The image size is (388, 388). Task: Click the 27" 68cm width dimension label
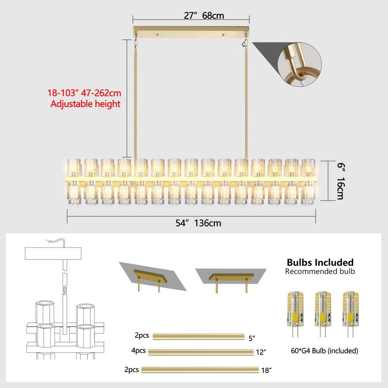pos(204,16)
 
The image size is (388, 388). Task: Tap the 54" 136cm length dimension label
pos(198,223)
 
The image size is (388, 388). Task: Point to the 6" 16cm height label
pos(341,181)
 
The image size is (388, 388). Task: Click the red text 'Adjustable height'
pos(85,104)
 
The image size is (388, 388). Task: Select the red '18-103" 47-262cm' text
pos(84,93)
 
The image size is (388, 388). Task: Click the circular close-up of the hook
pos(300,64)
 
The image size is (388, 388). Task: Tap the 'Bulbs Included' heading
pos(320,262)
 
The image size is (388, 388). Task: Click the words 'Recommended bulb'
pos(320,271)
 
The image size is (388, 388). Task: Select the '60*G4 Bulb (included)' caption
pos(324,351)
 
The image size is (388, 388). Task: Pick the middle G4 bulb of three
pos(323,314)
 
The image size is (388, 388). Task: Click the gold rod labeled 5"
pos(199,336)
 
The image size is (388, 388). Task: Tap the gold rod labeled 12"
pos(201,352)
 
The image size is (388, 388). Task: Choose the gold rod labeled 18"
pos(200,370)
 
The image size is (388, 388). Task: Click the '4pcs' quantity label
pos(138,351)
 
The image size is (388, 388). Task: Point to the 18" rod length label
pos(266,371)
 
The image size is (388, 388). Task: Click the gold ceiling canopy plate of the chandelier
pos(191,32)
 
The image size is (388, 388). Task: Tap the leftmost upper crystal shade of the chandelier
pos(74,167)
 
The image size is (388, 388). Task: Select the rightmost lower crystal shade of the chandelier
pos(308,193)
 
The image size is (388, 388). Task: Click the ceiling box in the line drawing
pos(53,253)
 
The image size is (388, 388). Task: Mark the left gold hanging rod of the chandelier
pos(135,104)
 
